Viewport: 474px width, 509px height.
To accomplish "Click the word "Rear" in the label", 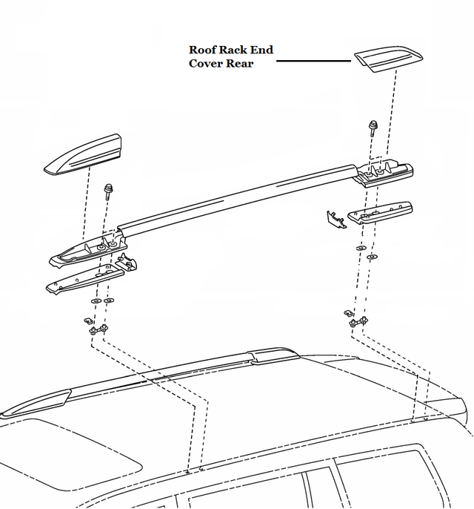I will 241,63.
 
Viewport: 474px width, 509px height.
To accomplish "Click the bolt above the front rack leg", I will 109,191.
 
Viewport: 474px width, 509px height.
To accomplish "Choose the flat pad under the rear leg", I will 381,212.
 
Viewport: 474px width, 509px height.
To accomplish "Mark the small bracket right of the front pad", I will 127,263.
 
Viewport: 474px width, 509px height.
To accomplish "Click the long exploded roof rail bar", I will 237,194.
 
